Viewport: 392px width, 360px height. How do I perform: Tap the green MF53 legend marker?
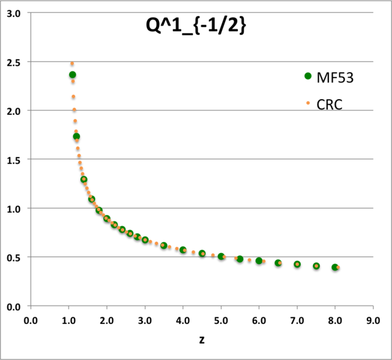point(309,76)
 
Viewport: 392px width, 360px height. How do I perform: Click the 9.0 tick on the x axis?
point(373,319)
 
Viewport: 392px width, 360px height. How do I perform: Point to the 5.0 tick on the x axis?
point(221,319)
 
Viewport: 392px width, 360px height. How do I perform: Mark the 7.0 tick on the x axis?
point(297,319)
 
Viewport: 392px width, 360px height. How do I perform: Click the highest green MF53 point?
point(73,75)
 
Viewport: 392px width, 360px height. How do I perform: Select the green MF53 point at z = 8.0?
point(335,267)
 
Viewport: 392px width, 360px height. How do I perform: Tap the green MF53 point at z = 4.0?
point(183,250)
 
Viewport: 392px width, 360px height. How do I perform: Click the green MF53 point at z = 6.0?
point(259,261)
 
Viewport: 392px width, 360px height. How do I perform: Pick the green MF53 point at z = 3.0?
point(145,240)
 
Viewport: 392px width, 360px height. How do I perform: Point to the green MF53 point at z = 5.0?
point(221,257)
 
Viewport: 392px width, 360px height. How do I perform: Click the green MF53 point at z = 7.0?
point(297,264)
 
